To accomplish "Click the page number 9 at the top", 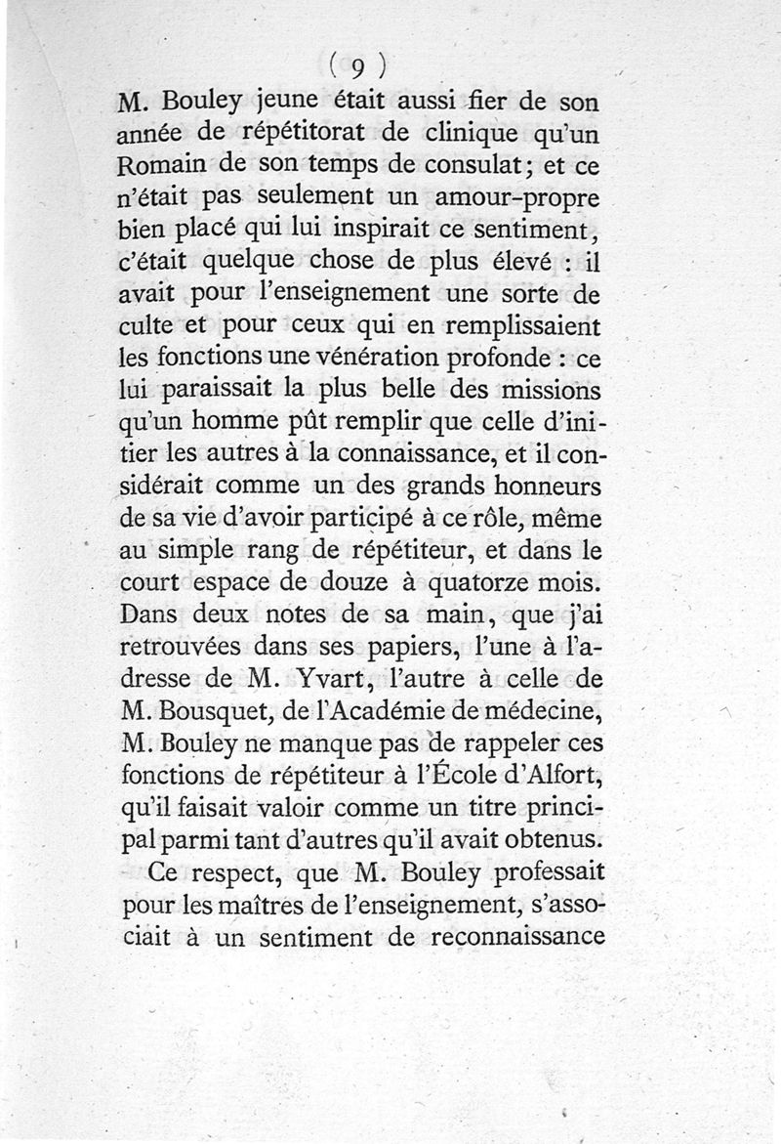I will click(x=357, y=67).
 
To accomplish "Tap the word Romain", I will click(x=162, y=165).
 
